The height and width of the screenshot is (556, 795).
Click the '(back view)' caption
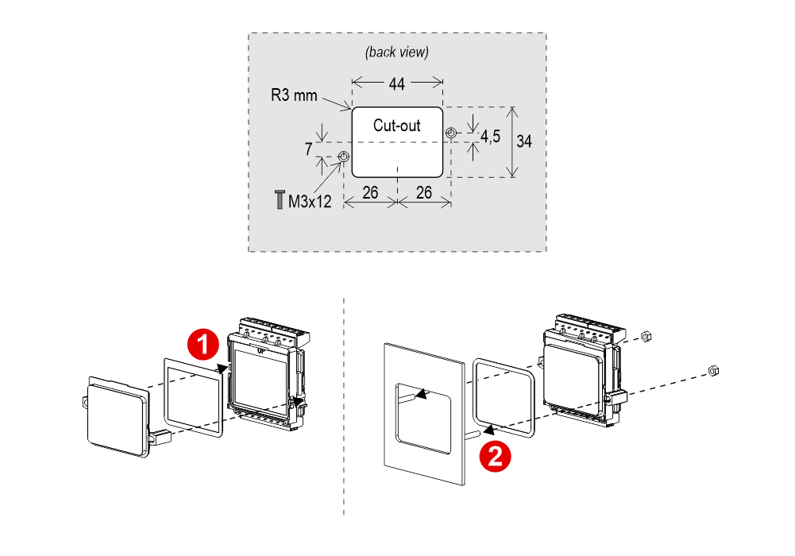tap(397, 52)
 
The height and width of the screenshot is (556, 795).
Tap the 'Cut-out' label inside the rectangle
tap(396, 125)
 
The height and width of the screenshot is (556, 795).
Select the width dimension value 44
tap(396, 83)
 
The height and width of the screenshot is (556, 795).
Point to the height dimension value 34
tap(524, 141)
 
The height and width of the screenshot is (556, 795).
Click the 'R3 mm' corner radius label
tap(294, 95)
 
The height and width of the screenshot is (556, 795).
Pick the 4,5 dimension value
tap(490, 137)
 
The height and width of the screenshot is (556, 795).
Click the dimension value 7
tap(308, 149)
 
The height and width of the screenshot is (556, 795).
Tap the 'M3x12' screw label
tap(310, 201)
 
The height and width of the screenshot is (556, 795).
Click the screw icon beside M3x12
tap(280, 199)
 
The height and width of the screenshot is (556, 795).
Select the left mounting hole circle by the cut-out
tap(343, 156)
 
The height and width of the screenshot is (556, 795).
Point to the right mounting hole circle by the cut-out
tap(451, 133)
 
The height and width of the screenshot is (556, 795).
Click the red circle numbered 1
tap(203, 345)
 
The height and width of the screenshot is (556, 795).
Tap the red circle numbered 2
tap(495, 456)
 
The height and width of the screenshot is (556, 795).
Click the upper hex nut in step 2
tap(646, 336)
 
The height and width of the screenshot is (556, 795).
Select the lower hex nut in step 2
tap(713, 370)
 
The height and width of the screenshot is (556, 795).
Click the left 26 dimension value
tap(370, 192)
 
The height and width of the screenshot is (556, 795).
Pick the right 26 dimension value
tap(424, 192)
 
